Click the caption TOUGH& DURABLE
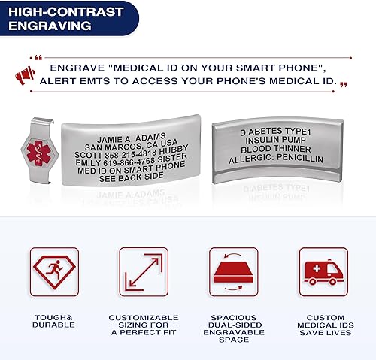pos(53,322)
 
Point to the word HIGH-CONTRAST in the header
pos(57,11)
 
